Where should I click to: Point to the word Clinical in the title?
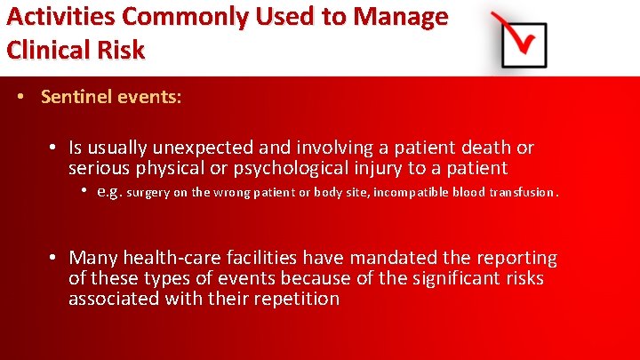pyautogui.click(x=45, y=50)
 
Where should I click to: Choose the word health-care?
pyautogui.click(x=172, y=259)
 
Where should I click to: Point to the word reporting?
pyautogui.click(x=516, y=259)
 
